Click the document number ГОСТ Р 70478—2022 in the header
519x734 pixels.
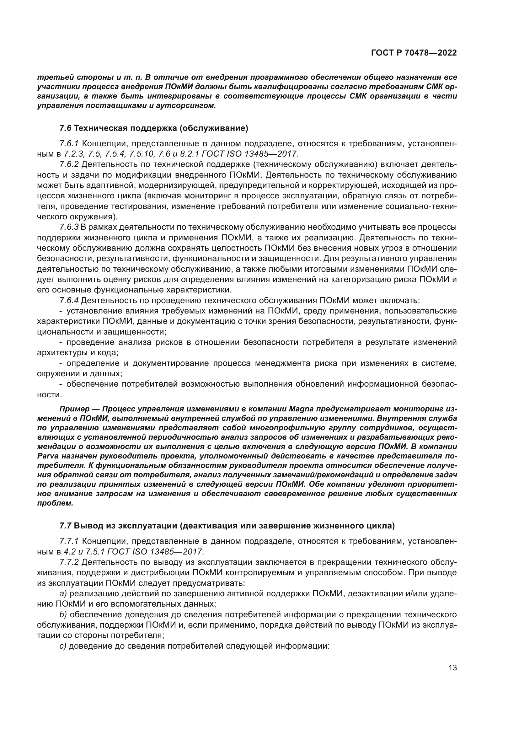tap(414, 53)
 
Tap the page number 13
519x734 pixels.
tap(452, 668)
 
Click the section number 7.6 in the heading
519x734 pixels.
tap(66, 129)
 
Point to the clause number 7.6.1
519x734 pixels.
tap(69, 144)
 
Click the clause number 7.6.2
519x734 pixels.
tap(69, 165)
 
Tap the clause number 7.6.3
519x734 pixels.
tap(69, 227)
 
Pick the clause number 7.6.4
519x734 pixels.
tap(69, 301)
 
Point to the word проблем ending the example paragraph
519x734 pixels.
tap(55, 503)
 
